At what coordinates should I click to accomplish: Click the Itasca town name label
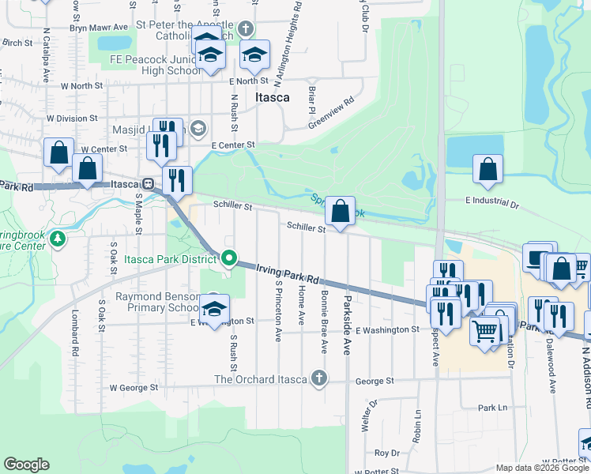coord(272,98)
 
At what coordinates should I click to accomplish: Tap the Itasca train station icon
coord(149,183)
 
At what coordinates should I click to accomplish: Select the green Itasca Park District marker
coord(229,258)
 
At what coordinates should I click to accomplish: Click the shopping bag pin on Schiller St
coord(340,212)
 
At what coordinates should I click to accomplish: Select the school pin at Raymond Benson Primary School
coord(213,307)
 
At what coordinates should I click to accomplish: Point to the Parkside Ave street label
coord(346,325)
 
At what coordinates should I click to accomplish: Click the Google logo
coord(26,465)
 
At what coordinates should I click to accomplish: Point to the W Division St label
coord(71,118)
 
